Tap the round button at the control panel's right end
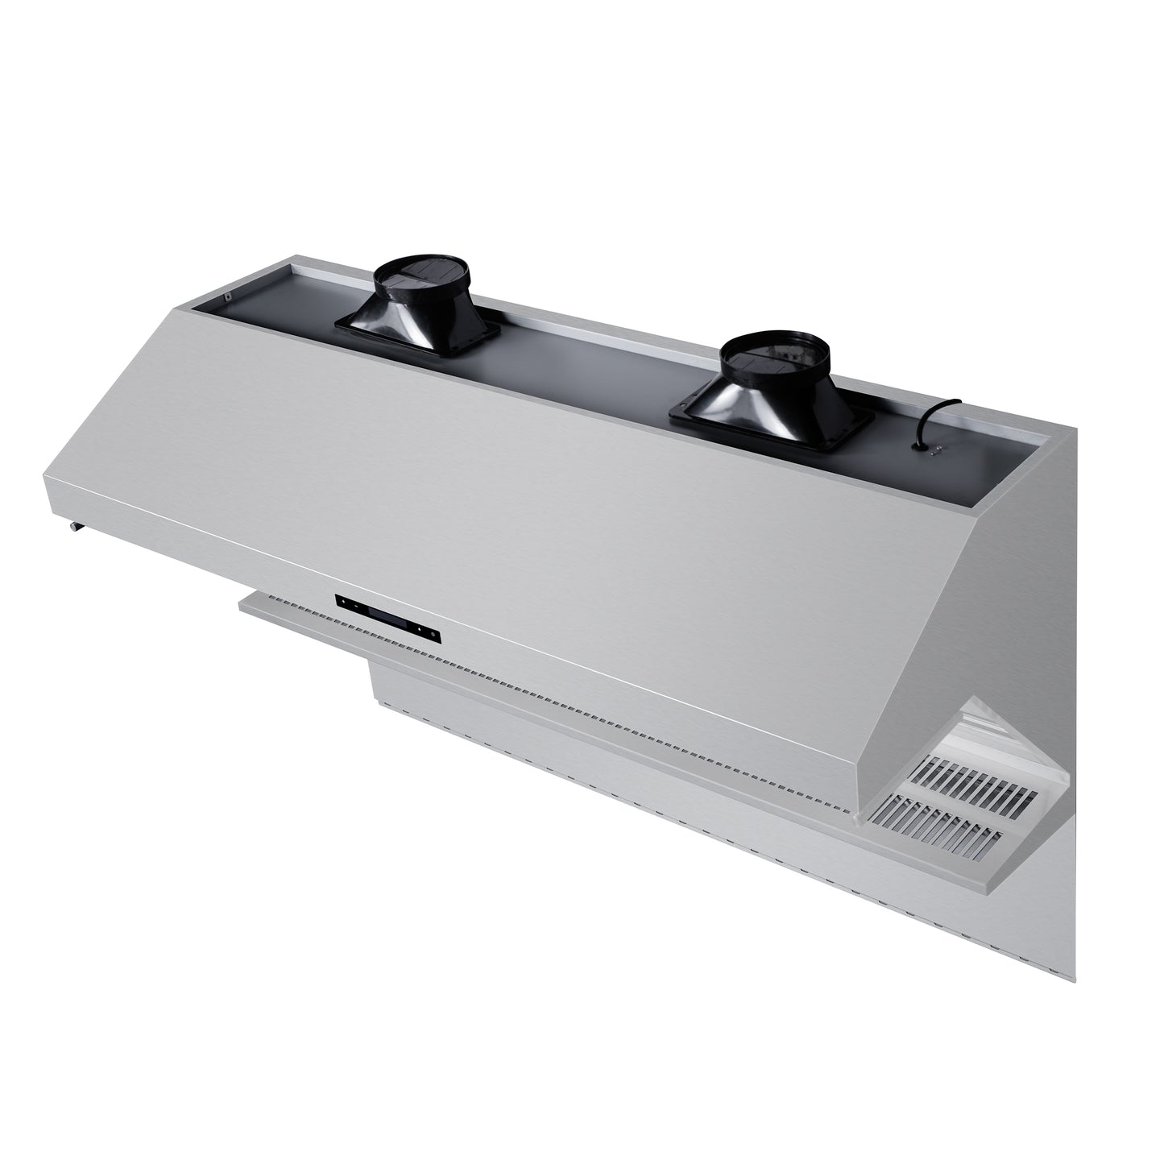pos(435,636)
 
